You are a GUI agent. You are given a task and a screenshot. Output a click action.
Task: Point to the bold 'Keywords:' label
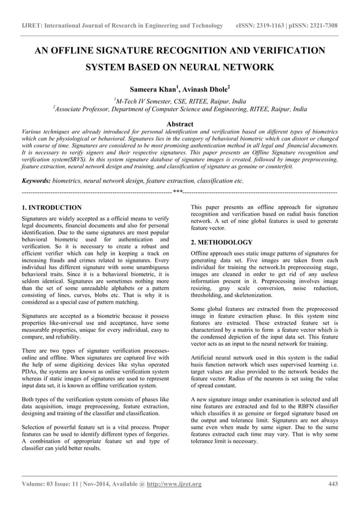click(35, 181)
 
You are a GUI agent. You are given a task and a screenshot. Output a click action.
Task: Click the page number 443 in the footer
click(333, 484)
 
